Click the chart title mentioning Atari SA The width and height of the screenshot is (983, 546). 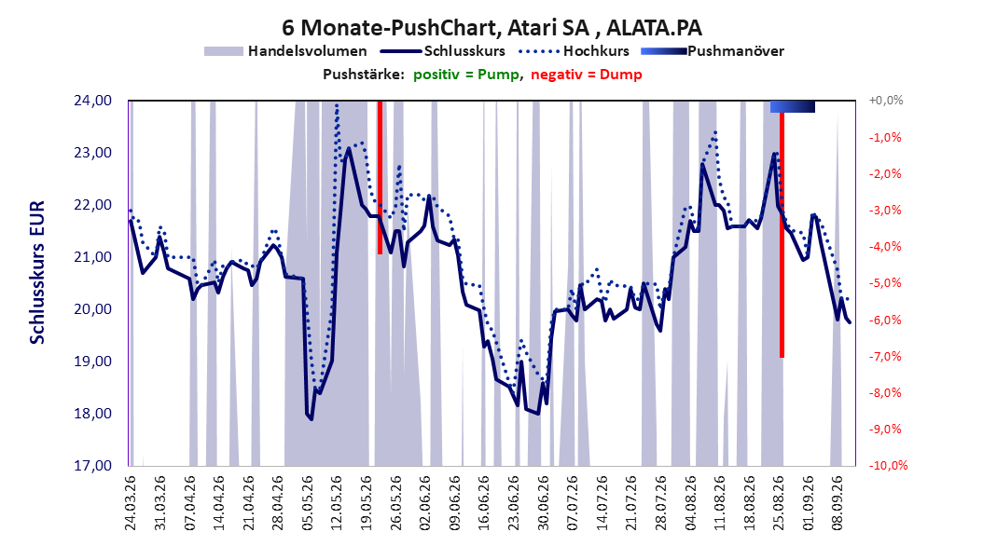(x=491, y=28)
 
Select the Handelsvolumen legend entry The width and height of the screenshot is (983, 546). (x=286, y=51)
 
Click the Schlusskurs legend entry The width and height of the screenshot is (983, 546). (x=443, y=51)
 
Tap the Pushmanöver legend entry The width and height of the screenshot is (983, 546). (x=713, y=51)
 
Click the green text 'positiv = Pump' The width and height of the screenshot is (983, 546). (x=465, y=75)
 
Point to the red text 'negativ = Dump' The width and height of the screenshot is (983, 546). (x=587, y=75)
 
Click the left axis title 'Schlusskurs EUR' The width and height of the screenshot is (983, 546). (x=37, y=272)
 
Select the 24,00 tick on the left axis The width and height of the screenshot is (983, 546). (x=92, y=101)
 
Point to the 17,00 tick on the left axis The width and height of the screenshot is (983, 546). (x=92, y=465)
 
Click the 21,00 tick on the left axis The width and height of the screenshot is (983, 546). (x=92, y=257)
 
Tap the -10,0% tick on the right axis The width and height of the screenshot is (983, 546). (x=888, y=465)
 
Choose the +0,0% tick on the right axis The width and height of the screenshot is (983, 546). (x=886, y=101)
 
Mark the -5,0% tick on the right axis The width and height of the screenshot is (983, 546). (x=886, y=283)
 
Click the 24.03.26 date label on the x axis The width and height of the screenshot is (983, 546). (x=131, y=503)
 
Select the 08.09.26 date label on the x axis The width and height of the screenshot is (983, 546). (x=838, y=503)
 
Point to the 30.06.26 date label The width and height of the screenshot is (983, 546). (x=544, y=503)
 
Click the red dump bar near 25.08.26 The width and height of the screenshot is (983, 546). (x=782, y=236)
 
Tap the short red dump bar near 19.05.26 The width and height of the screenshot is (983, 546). (x=380, y=177)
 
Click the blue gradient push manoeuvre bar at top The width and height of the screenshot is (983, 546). (x=793, y=106)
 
